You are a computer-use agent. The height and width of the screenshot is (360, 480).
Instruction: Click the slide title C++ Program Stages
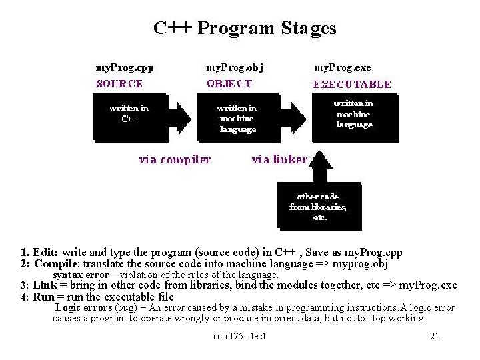[245, 29]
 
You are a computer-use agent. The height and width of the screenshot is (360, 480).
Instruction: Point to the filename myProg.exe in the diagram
[342, 68]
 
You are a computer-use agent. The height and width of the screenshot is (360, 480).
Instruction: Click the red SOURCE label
[119, 84]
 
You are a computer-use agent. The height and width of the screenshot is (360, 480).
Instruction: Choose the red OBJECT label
[229, 84]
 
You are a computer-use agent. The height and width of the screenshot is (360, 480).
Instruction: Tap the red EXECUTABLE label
[352, 85]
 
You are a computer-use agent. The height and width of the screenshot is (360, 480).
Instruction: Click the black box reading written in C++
[129, 117]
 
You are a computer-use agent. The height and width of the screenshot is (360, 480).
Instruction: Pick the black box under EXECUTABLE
[354, 115]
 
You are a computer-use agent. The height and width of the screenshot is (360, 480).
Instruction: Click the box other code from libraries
[318, 207]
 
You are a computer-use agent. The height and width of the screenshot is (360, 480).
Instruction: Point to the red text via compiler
[175, 159]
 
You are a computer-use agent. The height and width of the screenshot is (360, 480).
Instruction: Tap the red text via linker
[279, 159]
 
